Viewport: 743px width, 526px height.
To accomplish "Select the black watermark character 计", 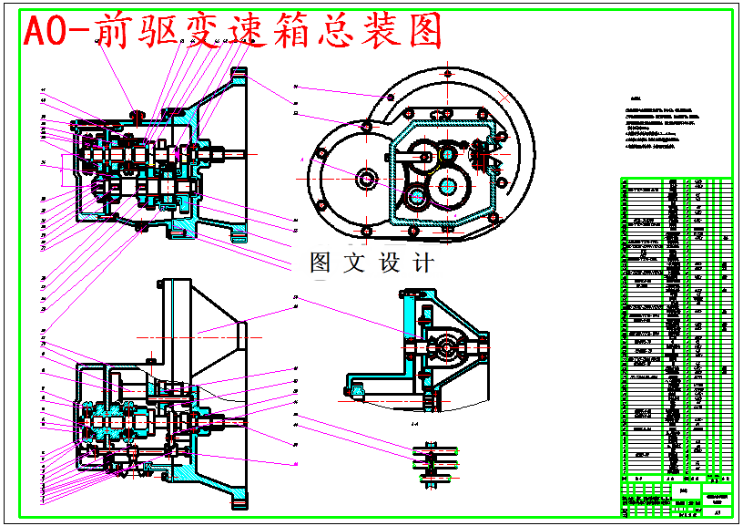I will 422,263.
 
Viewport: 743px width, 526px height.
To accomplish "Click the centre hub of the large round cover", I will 367,179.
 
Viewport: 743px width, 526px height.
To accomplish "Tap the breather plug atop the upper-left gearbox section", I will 139,115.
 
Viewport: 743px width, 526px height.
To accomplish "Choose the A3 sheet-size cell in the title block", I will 717,514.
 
